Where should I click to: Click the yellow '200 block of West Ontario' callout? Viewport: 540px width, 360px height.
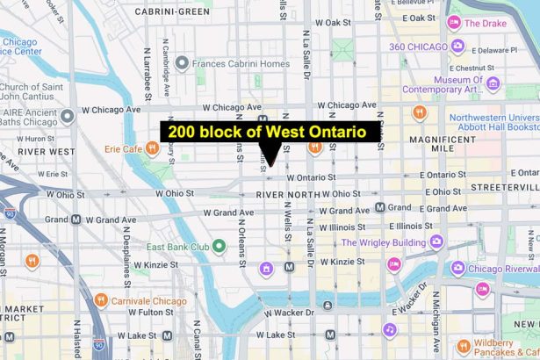click(270, 132)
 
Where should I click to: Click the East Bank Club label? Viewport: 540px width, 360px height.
click(176, 247)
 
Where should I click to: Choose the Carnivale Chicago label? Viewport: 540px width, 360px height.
click(150, 301)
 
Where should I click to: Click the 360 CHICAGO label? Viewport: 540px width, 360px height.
click(418, 46)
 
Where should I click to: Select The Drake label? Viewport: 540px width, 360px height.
click(484, 24)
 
